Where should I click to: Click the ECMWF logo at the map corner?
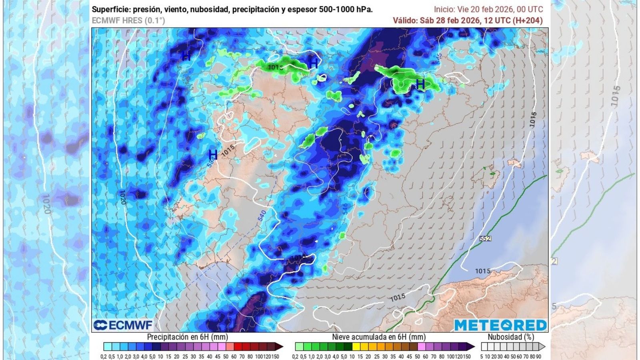click(123, 325)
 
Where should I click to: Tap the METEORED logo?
click(500, 325)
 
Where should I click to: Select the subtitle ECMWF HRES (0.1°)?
click(128, 20)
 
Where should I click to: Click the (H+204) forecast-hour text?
click(528, 20)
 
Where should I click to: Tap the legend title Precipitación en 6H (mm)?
click(188, 337)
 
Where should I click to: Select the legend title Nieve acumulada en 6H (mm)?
click(379, 337)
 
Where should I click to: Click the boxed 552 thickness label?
click(485, 239)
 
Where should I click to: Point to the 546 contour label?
click(345, 209)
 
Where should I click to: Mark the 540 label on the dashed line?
click(262, 216)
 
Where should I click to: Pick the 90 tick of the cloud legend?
click(539, 356)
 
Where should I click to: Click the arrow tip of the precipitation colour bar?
click(281, 346)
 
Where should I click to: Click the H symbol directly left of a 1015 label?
click(213, 154)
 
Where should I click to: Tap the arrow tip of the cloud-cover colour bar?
click(543, 346)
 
